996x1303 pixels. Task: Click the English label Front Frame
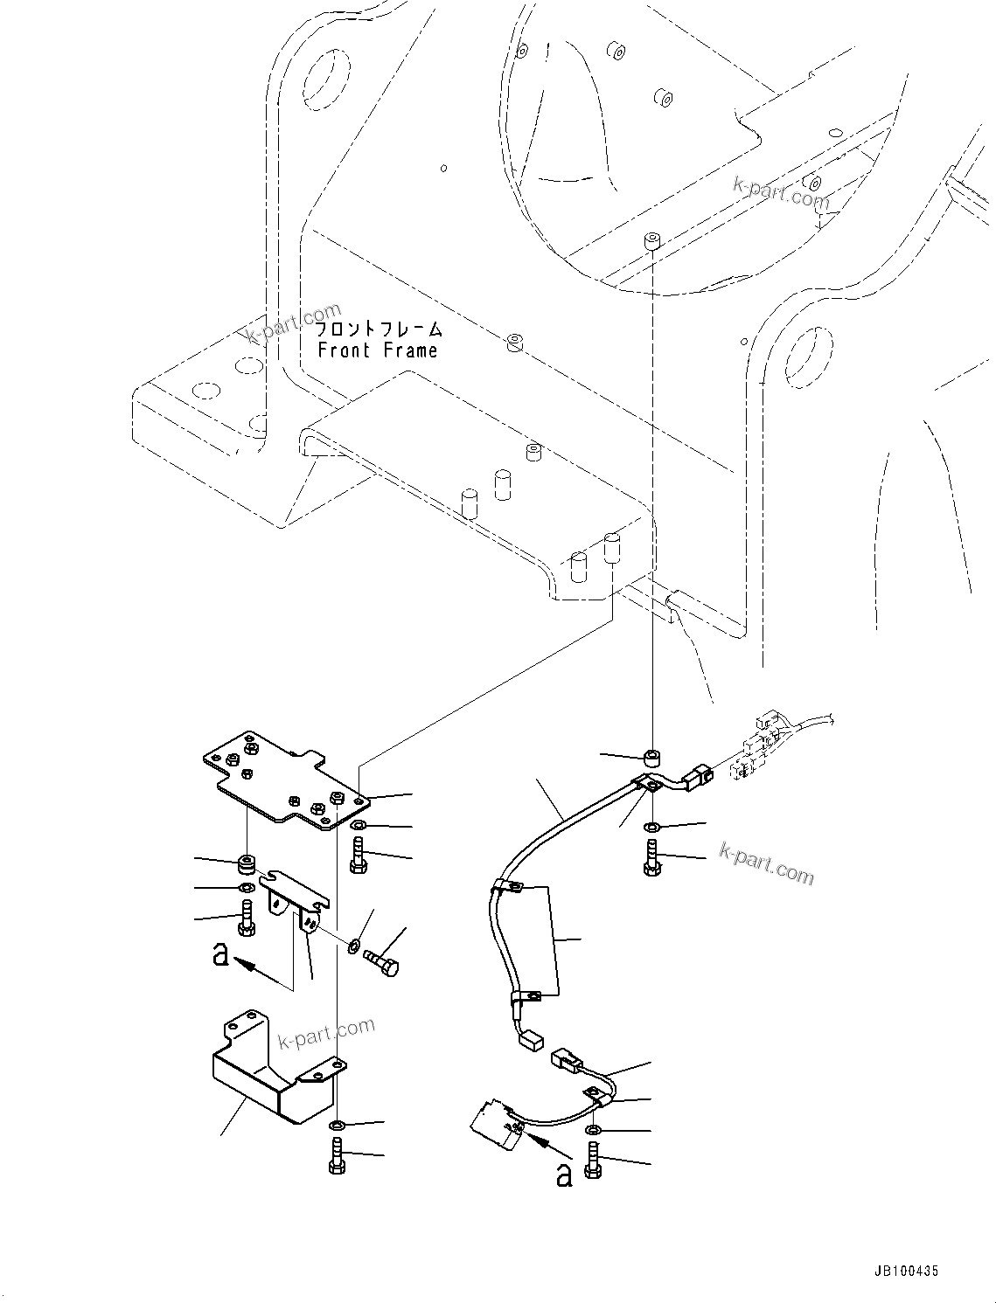click(x=377, y=350)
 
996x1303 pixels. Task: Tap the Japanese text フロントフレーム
click(x=378, y=329)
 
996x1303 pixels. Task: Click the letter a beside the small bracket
click(x=221, y=953)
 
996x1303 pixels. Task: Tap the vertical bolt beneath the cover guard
click(x=338, y=1159)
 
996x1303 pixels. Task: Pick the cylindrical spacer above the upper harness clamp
click(x=651, y=756)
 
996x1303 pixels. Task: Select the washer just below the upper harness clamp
click(x=651, y=827)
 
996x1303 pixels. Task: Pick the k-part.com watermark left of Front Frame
click(x=293, y=322)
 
